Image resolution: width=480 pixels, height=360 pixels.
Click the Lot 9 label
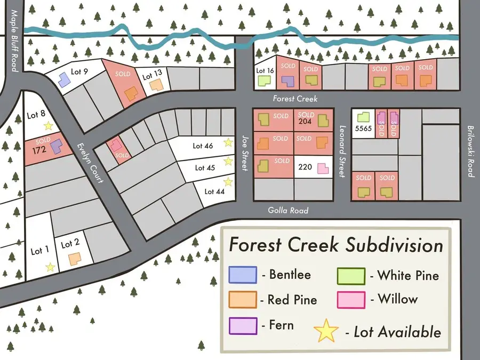pyautogui.click(x=78, y=71)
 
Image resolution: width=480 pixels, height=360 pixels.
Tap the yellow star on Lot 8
pyautogui.click(x=48, y=126)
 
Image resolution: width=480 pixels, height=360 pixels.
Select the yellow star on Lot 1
pyautogui.click(x=50, y=267)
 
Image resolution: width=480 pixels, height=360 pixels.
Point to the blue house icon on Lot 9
pyautogui.click(x=63, y=80)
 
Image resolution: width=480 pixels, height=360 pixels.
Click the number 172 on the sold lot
pyautogui.click(x=39, y=150)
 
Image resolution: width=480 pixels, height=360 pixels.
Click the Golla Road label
pyautogui.click(x=288, y=211)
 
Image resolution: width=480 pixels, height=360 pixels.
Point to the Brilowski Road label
pyautogui.click(x=470, y=151)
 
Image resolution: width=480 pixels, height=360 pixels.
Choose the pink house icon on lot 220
pyautogui.click(x=323, y=169)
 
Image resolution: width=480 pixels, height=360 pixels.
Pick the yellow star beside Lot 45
pyautogui.click(x=228, y=161)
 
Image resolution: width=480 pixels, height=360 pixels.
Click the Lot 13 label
pyautogui.click(x=151, y=76)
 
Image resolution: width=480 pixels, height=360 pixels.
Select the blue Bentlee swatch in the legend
pyautogui.click(x=243, y=275)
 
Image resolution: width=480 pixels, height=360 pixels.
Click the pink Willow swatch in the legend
pyautogui.click(x=351, y=300)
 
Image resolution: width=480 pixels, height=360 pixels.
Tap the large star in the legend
pyautogui.click(x=326, y=331)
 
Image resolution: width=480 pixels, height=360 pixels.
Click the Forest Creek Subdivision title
pyautogui.click(x=335, y=245)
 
